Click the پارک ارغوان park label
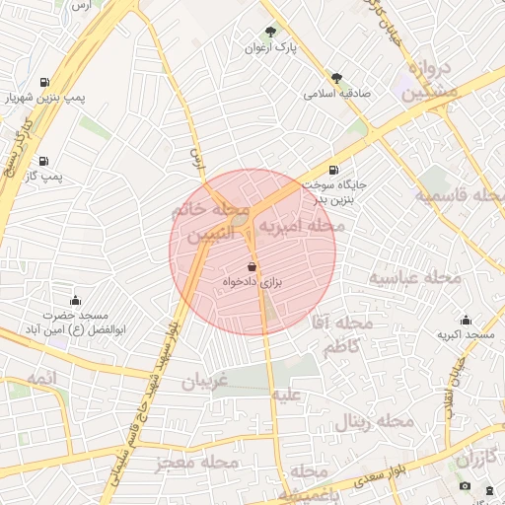click(271, 47)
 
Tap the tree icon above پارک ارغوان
click(271, 32)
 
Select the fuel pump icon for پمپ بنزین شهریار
click(43, 83)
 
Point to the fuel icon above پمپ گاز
click(43, 161)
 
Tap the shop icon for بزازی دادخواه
click(252, 267)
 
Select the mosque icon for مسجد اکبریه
click(466, 321)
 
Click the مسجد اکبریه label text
click(464, 335)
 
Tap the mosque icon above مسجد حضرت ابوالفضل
click(75, 300)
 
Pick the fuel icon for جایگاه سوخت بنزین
click(333, 170)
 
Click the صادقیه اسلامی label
click(336, 94)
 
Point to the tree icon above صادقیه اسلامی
click(336, 78)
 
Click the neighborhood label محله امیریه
click(302, 227)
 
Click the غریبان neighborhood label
click(203, 382)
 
